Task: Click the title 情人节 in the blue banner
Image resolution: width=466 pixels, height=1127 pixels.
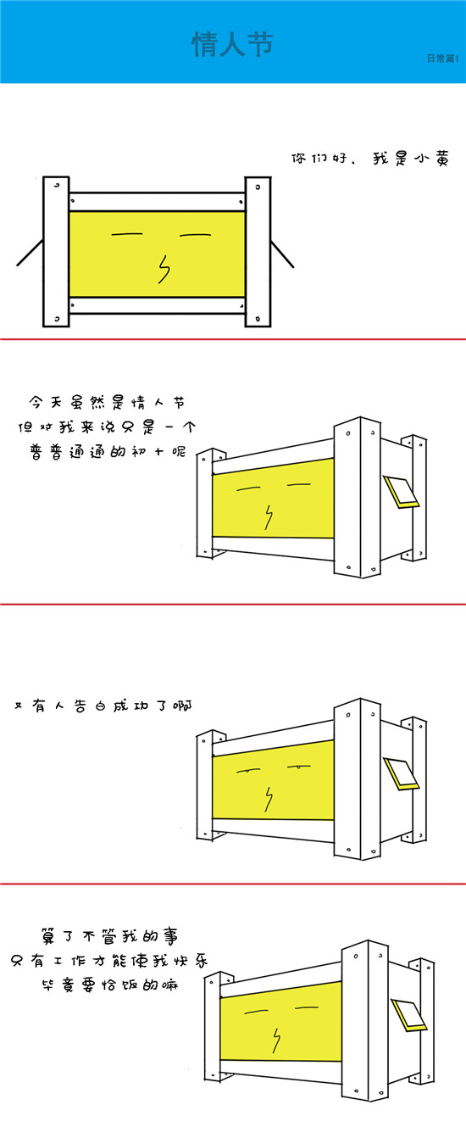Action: click(232, 44)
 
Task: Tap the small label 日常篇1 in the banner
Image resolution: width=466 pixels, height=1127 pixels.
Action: click(442, 59)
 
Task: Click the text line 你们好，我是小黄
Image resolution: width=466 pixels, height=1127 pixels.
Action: click(369, 158)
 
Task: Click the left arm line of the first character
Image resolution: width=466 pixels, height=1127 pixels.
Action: click(30, 253)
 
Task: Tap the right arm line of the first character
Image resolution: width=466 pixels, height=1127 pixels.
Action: click(282, 254)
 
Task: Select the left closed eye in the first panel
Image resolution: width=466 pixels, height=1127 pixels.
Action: click(127, 234)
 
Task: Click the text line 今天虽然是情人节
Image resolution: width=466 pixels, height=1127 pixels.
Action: click(107, 403)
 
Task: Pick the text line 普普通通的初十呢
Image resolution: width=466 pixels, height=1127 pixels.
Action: click(108, 451)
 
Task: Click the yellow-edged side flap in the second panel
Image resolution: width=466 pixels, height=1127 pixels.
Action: click(401, 492)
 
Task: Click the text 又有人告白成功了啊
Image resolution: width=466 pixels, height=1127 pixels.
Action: click(103, 706)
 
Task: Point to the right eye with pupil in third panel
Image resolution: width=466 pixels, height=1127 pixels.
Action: click(299, 767)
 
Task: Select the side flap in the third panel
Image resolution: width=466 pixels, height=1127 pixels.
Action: click(401, 773)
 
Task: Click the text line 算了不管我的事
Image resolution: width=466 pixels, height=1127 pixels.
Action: click(109, 936)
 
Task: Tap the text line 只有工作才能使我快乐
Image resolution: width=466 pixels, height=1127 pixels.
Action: click(108, 961)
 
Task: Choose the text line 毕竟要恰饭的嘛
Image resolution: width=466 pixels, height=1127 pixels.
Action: click(109, 985)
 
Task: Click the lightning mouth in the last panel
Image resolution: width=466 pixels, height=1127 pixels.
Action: click(276, 1041)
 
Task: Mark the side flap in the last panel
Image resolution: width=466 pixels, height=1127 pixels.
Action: click(408, 1016)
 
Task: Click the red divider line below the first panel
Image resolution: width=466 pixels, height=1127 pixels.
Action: click(233, 339)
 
